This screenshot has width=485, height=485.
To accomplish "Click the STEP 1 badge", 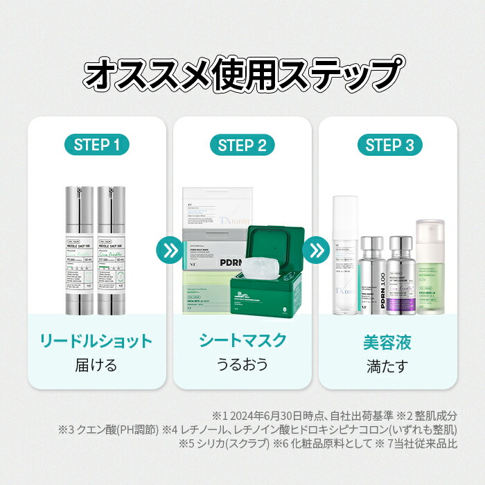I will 97,145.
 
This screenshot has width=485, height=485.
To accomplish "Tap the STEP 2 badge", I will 242,145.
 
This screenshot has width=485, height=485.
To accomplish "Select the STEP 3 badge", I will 389,145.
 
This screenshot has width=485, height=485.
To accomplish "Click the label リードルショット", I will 97,341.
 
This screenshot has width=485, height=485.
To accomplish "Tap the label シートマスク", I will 242,341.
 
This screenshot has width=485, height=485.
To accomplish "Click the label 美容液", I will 388,341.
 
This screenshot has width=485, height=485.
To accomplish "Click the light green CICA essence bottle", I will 430,256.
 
